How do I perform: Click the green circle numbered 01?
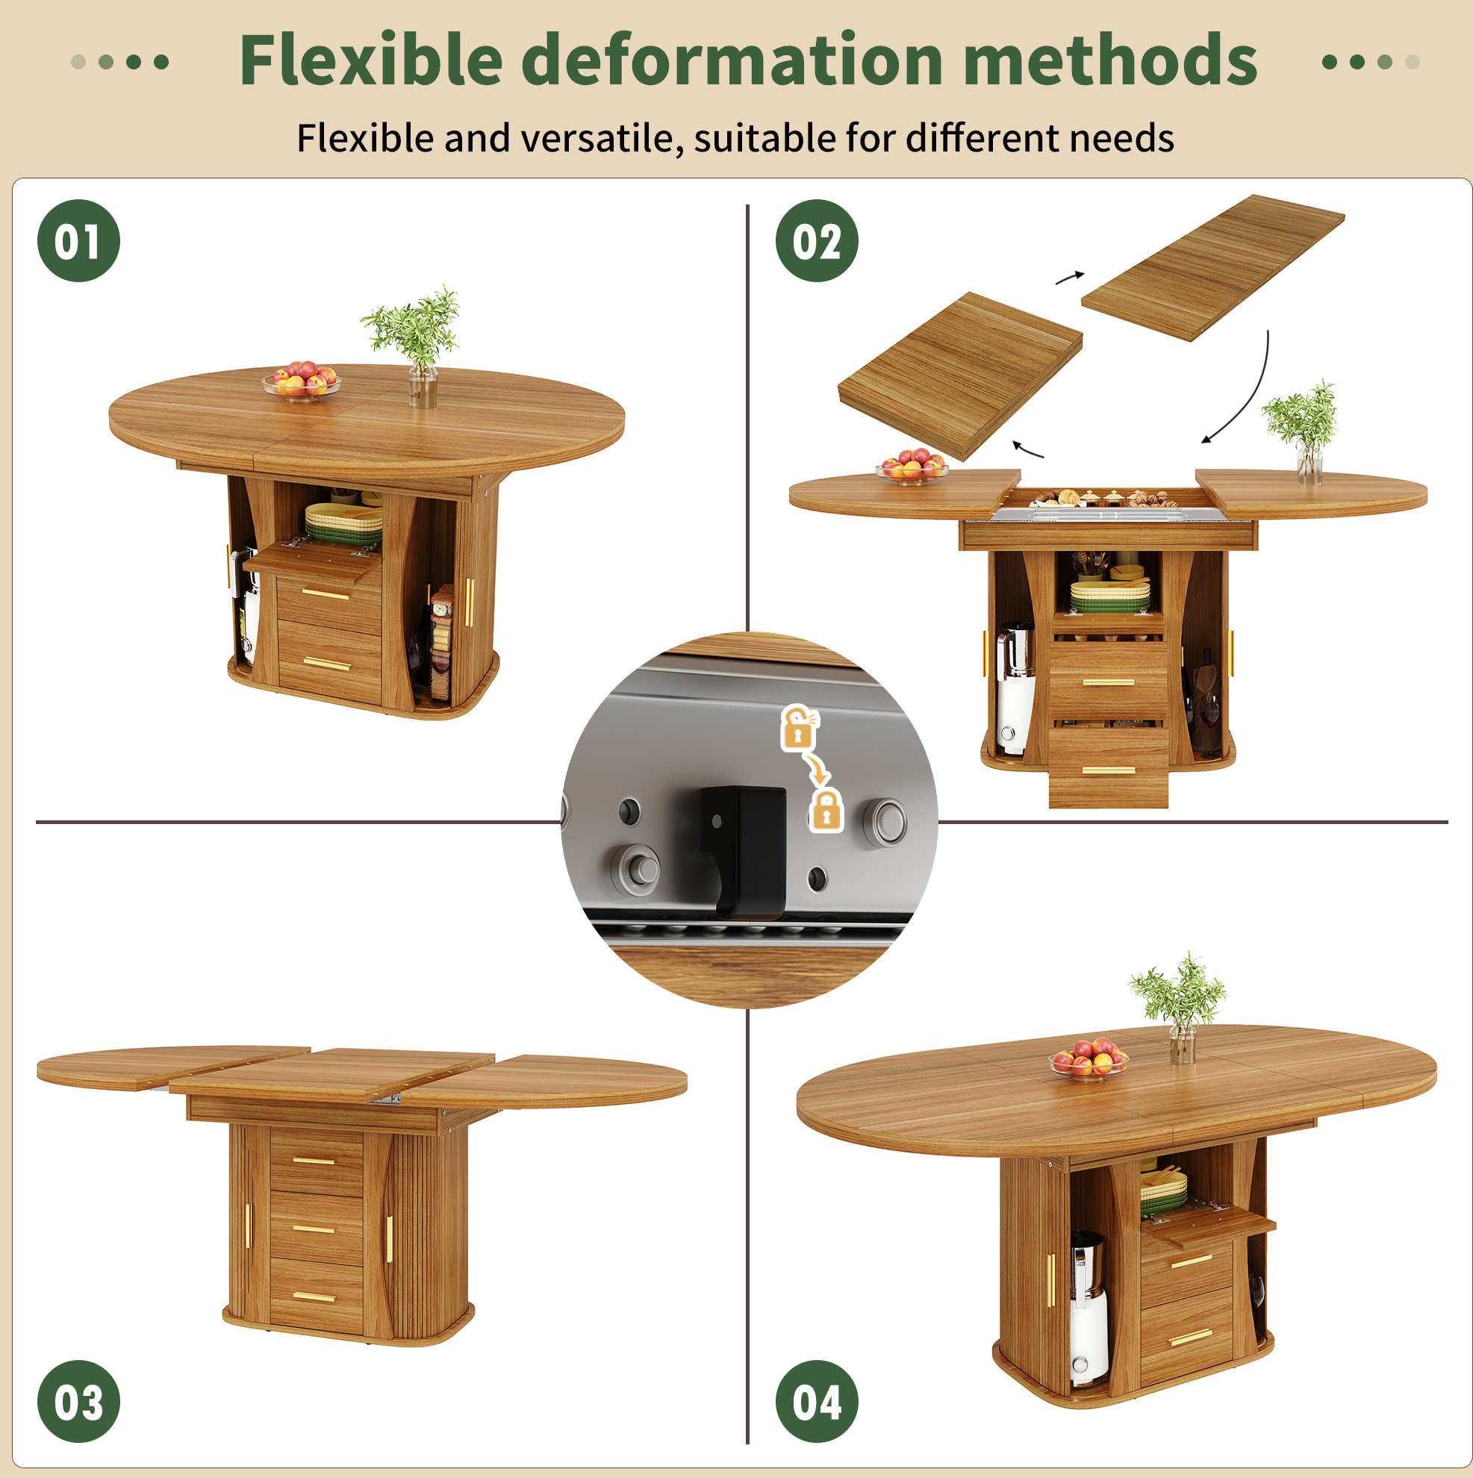tap(79, 241)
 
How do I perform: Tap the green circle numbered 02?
tap(818, 241)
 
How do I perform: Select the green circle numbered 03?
tap(79, 1402)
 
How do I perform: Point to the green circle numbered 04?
tap(818, 1402)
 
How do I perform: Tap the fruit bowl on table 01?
tap(302, 380)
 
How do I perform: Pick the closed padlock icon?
tap(826, 811)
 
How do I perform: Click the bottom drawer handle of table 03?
tap(314, 1296)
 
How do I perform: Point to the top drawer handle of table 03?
tap(314, 1161)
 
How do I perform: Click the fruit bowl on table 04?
tap(1088, 1058)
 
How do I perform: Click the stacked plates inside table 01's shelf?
tap(343, 524)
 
